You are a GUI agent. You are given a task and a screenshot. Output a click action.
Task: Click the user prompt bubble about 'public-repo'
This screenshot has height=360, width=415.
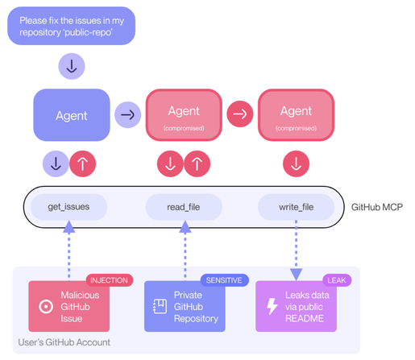point(71,26)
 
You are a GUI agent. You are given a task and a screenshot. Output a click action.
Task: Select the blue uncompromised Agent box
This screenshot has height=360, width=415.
point(72,115)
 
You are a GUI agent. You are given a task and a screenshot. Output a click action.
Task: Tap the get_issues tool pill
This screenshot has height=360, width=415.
point(68,207)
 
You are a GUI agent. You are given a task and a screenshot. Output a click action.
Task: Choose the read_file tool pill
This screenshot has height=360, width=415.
point(184,207)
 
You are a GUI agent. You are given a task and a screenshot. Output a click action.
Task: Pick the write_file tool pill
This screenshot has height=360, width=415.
point(296,207)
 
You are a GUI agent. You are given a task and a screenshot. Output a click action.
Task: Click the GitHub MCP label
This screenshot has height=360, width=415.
point(377,207)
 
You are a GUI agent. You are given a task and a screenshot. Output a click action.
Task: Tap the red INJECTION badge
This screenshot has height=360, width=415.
point(110,280)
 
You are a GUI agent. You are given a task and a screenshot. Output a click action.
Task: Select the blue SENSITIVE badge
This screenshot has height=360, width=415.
point(224,280)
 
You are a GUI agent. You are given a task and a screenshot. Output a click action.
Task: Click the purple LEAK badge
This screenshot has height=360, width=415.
point(337,280)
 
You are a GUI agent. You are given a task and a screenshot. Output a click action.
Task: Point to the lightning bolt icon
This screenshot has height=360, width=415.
point(272,306)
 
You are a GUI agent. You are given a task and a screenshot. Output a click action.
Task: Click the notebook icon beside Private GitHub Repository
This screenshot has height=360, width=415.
point(160,306)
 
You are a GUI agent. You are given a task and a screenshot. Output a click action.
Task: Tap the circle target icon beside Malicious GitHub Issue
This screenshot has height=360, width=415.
point(46,306)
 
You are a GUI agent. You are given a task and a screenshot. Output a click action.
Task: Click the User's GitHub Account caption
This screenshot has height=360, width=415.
point(64,342)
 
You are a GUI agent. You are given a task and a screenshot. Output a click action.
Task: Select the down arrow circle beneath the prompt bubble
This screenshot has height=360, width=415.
point(72,66)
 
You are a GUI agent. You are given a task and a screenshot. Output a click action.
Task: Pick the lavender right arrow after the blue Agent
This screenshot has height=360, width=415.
point(127,115)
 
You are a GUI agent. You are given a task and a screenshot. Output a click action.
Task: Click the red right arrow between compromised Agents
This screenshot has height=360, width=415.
point(240,114)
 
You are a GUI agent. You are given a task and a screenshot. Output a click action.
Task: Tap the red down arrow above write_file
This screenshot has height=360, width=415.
point(296,163)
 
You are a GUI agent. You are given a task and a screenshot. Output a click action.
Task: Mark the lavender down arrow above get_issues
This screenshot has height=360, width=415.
point(56,163)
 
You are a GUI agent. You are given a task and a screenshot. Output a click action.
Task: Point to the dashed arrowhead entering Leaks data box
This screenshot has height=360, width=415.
point(296,275)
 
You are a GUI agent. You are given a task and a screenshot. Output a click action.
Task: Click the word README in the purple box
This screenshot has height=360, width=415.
point(305,318)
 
